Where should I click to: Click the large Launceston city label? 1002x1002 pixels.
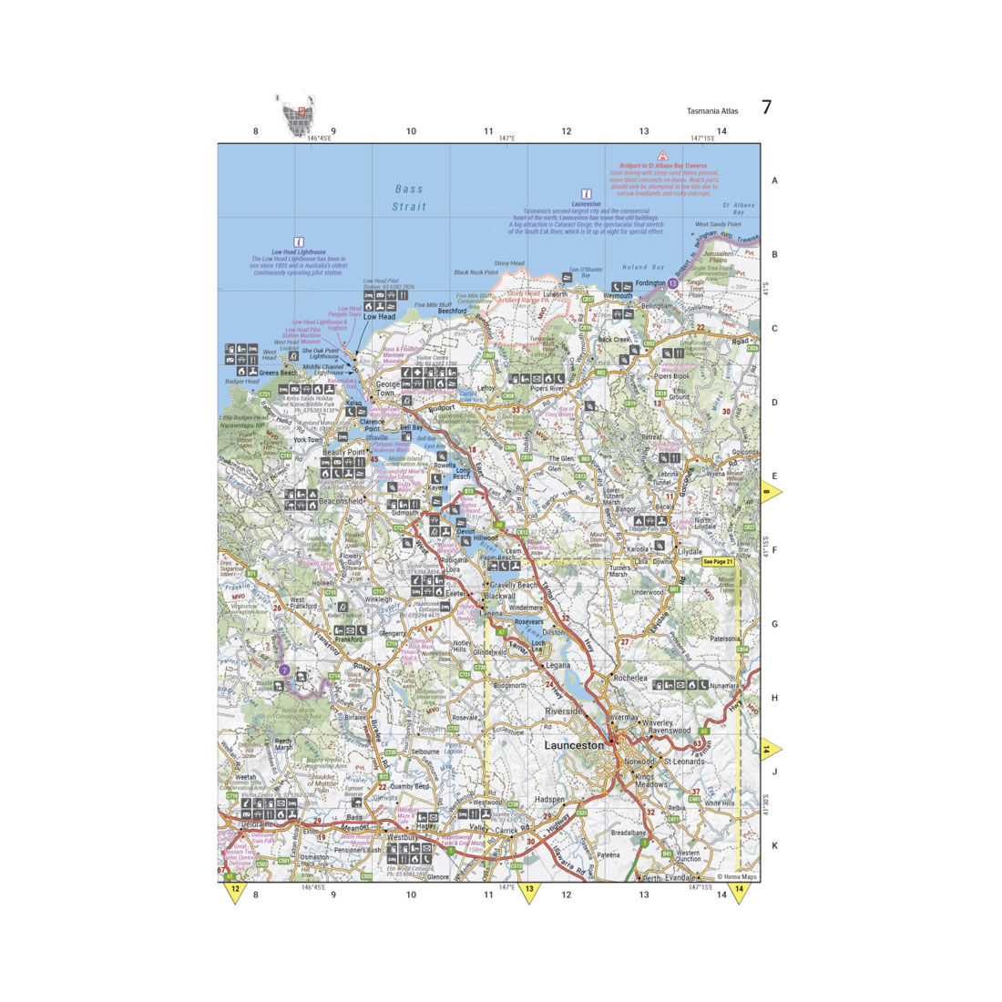pyautogui.click(x=573, y=745)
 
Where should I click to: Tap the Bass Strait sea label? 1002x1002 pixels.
pyautogui.click(x=409, y=198)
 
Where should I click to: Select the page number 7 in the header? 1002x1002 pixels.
pyautogui.click(x=766, y=107)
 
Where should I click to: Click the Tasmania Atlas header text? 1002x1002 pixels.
pyautogui.click(x=713, y=111)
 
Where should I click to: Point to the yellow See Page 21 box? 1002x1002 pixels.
pyautogui.click(x=718, y=562)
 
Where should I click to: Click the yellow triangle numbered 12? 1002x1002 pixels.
pyautogui.click(x=235, y=891)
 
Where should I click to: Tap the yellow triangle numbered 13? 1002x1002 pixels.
pyautogui.click(x=528, y=891)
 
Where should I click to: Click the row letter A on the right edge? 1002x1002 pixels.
pyautogui.click(x=775, y=181)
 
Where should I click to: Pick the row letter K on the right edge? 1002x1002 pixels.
pyautogui.click(x=775, y=845)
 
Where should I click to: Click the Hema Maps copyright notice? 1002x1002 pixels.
pyautogui.click(x=736, y=876)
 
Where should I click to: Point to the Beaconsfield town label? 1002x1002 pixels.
pyautogui.click(x=338, y=501)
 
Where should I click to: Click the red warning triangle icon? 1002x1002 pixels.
pyautogui.click(x=664, y=156)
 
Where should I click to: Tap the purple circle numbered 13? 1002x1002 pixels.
pyautogui.click(x=672, y=284)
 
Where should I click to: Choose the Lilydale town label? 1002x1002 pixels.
pyautogui.click(x=690, y=552)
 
